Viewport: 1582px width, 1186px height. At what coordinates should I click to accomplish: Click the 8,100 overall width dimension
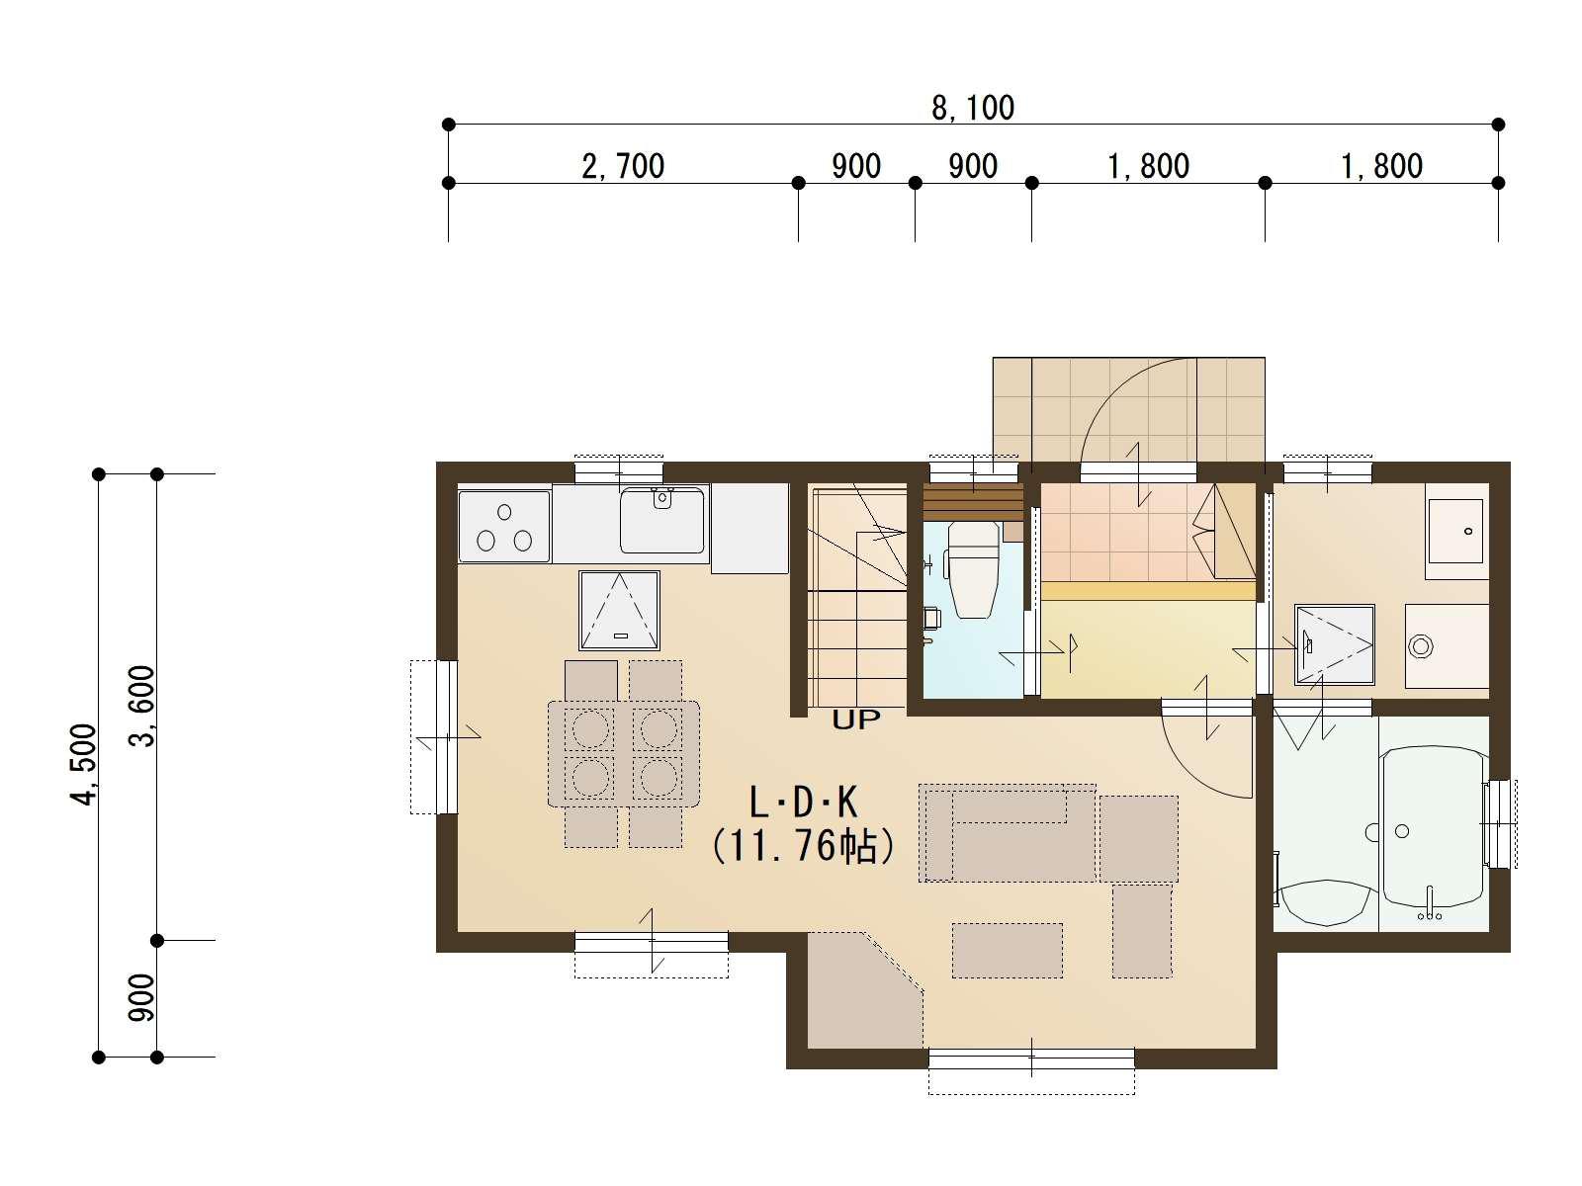coord(972,108)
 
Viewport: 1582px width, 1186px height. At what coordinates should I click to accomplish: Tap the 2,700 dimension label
coord(623,166)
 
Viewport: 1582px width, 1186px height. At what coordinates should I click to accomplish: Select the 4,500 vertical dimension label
coord(84,764)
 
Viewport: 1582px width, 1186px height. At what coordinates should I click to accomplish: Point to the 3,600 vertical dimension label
coord(142,706)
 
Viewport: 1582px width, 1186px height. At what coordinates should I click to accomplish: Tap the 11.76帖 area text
coord(803,846)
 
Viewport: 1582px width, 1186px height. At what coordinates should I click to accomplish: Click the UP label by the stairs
coord(856,720)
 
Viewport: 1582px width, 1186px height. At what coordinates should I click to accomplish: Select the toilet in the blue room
coord(974,569)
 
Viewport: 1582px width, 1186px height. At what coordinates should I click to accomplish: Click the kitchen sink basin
coord(661,521)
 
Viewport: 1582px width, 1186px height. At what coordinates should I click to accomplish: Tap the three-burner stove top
coord(504,527)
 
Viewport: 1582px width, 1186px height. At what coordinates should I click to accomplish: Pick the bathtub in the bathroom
coord(1433,834)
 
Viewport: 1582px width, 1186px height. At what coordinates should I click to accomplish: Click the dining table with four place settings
coord(624,753)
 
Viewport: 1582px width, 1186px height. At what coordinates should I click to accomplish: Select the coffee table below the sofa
coord(1007,951)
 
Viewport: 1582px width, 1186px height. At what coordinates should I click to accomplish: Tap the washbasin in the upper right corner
coord(1455,531)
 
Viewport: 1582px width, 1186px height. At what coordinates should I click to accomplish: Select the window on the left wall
coord(435,736)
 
